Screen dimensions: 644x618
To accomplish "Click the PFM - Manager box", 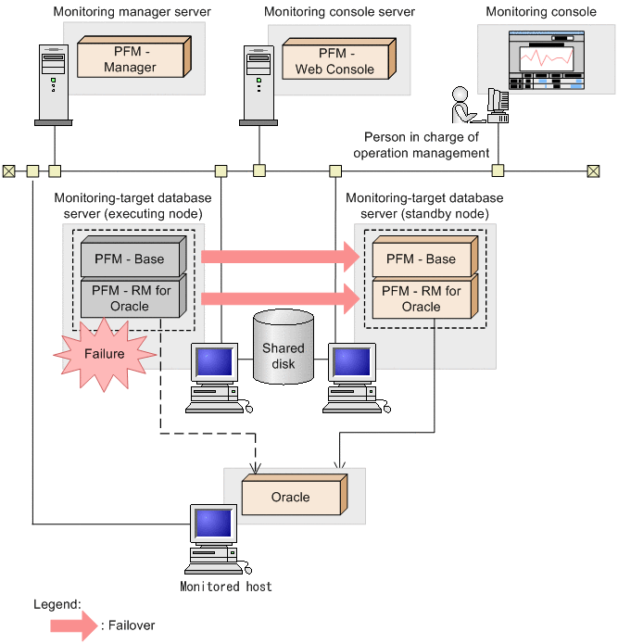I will (x=129, y=59).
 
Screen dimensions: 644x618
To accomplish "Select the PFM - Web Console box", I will (x=334, y=60).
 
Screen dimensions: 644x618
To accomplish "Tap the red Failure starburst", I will (x=105, y=352).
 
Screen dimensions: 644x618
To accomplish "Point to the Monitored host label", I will (x=226, y=587).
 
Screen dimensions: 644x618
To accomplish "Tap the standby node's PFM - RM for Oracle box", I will (x=423, y=298).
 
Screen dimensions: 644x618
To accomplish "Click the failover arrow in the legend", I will (x=74, y=625).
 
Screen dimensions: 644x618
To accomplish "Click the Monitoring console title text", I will (x=541, y=12).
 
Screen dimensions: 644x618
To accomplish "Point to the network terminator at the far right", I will (x=593, y=170).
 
